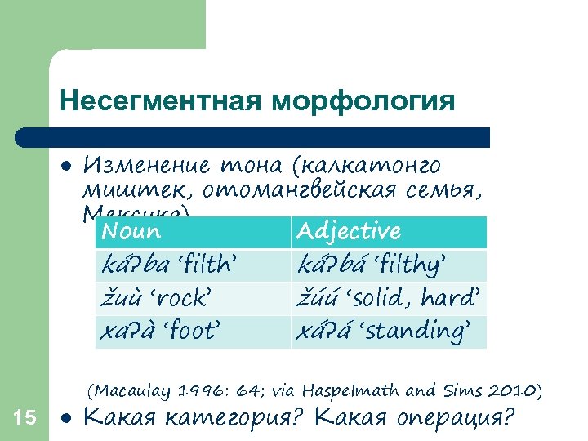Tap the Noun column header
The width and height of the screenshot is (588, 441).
pos(131,231)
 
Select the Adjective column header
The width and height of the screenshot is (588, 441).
pos(349,231)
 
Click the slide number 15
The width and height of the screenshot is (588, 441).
pos(25,418)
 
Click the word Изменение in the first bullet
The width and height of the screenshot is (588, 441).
pos(143,166)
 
